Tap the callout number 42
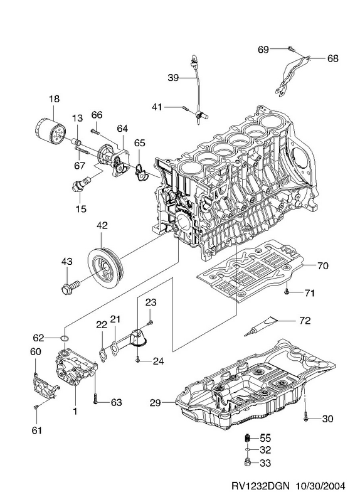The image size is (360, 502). (x=102, y=225)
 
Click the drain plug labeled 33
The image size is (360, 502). (x=248, y=462)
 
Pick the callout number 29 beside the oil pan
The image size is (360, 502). (x=155, y=403)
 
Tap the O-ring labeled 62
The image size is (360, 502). (x=65, y=338)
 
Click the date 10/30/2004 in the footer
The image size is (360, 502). (x=320, y=486)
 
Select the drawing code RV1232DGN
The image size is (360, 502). (x=260, y=486)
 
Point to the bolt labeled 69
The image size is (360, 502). (x=291, y=49)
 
